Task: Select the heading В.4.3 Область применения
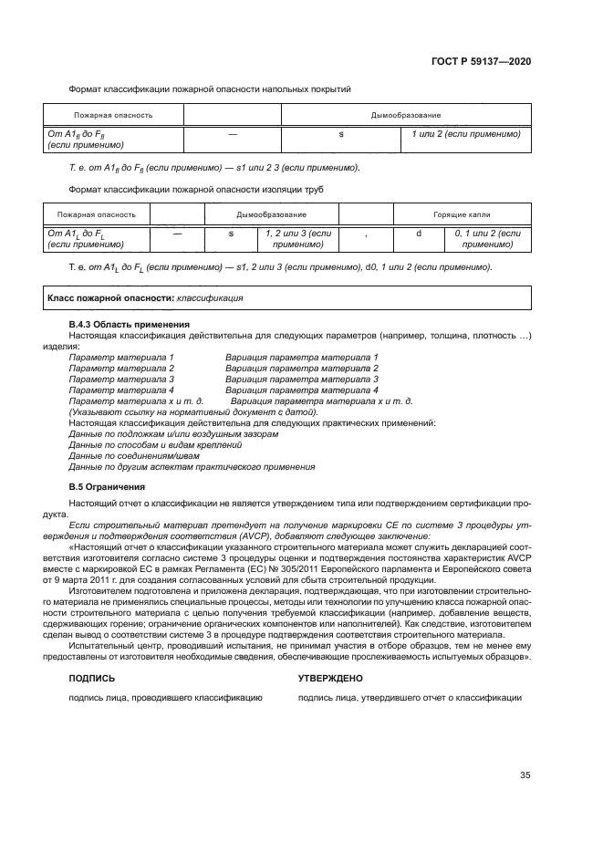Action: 130,325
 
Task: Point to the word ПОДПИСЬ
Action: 92,679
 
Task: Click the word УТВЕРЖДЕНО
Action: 331,679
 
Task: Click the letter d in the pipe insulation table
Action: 419,234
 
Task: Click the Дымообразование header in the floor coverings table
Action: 405,116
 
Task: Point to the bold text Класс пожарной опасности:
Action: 109,297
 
